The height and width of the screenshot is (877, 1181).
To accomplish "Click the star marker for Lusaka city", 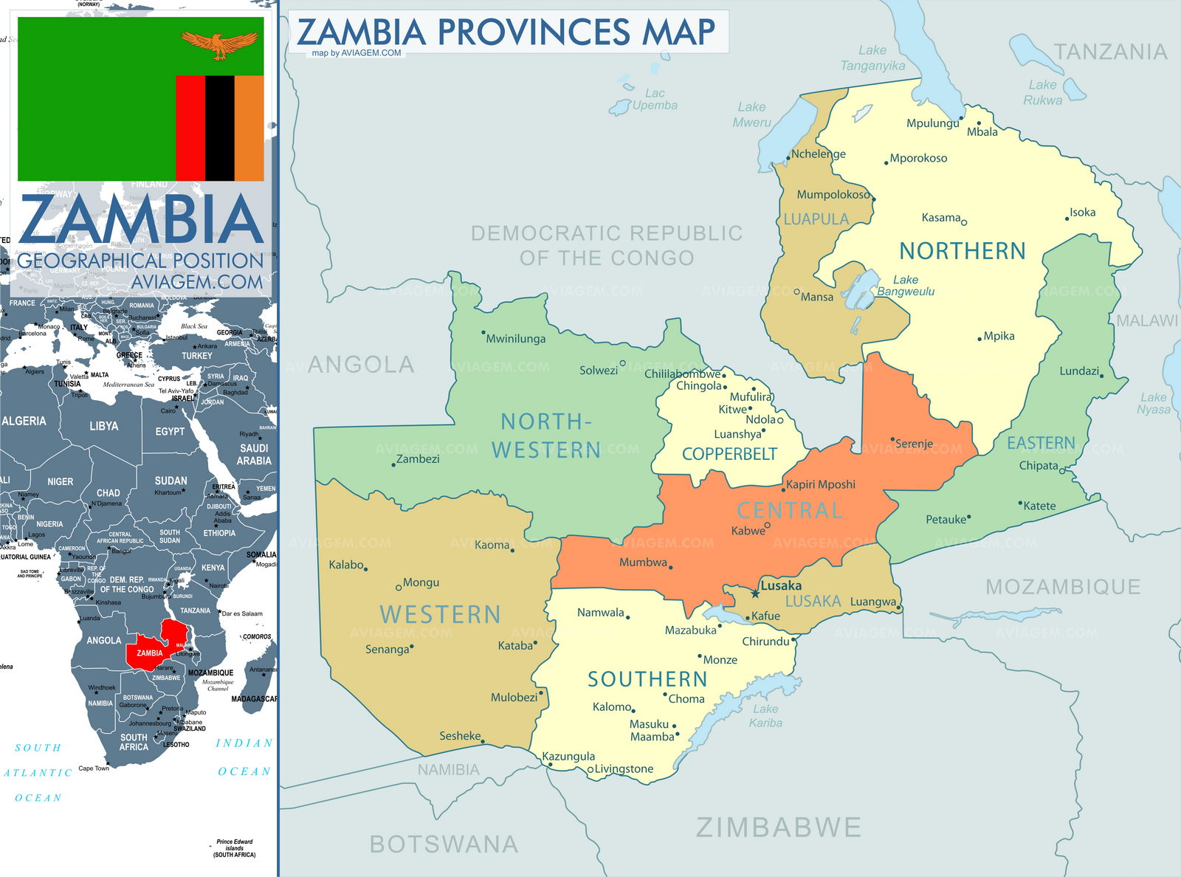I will tap(755, 594).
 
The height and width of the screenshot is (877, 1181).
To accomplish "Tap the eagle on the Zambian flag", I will tap(220, 44).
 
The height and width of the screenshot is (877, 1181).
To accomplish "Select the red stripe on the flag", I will tap(190, 128).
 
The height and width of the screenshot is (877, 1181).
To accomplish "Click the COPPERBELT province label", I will tap(729, 454).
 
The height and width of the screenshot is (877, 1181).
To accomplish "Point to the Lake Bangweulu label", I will tap(906, 286).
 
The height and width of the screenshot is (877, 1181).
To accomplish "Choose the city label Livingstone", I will tap(624, 768).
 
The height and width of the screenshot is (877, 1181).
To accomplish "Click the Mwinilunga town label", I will tap(515, 339).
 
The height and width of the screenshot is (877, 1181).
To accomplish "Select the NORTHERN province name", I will tap(962, 251).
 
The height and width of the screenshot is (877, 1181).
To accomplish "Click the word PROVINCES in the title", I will tap(534, 32).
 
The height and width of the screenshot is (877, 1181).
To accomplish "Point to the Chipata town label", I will tap(1039, 465).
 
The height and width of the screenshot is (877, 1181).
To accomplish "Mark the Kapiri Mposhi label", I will tap(820, 484).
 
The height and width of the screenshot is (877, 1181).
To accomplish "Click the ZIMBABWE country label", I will tap(778, 828).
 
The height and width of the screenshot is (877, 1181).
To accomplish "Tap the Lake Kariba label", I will tap(765, 715).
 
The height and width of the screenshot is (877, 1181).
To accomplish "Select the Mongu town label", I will tap(421, 582).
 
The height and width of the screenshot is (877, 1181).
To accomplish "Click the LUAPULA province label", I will tap(816, 219).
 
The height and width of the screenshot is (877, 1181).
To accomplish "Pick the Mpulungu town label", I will tap(932, 123).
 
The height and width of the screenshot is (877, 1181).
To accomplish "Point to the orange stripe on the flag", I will tap(249, 128).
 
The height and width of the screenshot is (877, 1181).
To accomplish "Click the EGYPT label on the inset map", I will tap(170, 431).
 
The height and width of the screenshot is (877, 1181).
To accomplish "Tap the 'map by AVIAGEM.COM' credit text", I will tap(357, 53).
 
